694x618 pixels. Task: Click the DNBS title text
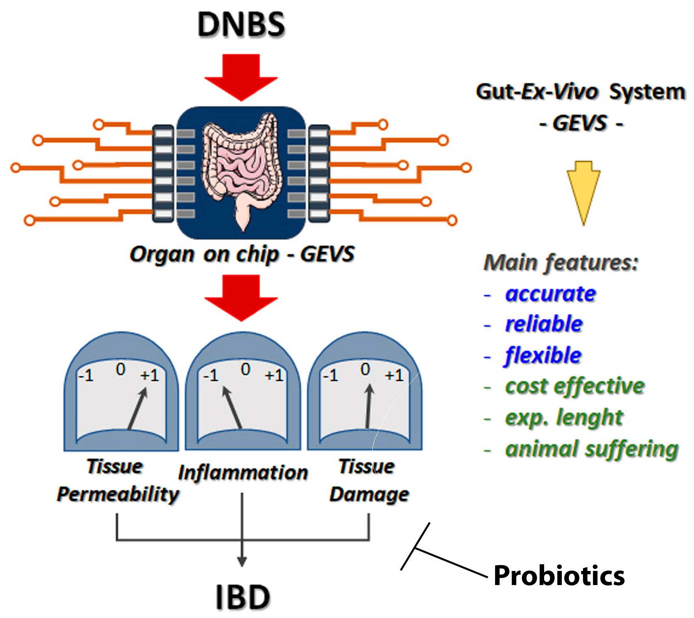click(x=241, y=24)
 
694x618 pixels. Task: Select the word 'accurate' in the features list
click(x=550, y=294)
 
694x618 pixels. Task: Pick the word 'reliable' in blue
click(x=544, y=324)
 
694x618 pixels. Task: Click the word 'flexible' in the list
click(x=543, y=355)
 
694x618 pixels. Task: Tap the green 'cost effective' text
click(x=575, y=386)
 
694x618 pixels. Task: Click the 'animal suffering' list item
click(x=592, y=449)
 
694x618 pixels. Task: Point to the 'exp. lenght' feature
click(x=564, y=417)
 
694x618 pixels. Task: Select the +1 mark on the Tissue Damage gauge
click(x=394, y=376)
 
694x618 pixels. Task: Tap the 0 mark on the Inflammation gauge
click(x=246, y=369)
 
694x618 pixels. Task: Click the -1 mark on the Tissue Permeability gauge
click(x=86, y=376)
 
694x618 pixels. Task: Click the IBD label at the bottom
click(x=243, y=596)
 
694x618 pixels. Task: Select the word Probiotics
click(x=559, y=576)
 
